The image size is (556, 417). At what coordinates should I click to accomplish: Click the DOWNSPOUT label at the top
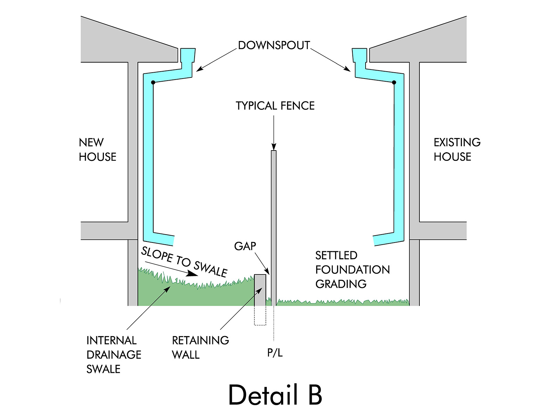[x=274, y=45]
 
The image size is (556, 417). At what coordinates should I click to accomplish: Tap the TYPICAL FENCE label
[x=275, y=106]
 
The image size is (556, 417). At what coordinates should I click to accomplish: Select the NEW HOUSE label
[x=97, y=149]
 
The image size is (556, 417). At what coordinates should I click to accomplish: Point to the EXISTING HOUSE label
[x=457, y=149]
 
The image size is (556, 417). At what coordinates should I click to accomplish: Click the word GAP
[x=245, y=246]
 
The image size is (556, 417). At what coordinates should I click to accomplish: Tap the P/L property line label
[x=275, y=353]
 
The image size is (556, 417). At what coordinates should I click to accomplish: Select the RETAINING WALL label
[x=200, y=347]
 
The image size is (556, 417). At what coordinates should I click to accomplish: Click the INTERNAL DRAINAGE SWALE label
[x=114, y=354]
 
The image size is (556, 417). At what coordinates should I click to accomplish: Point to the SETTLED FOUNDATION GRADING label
[x=352, y=270]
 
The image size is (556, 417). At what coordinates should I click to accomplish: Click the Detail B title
[x=275, y=395]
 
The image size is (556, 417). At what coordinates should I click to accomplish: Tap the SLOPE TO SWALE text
[x=184, y=261]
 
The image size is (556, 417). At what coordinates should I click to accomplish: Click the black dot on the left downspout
[x=153, y=82]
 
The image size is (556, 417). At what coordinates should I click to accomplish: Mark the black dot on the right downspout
[x=394, y=82]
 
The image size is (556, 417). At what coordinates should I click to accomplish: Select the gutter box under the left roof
[x=188, y=56]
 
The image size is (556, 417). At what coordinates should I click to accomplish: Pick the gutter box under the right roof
[x=359, y=56]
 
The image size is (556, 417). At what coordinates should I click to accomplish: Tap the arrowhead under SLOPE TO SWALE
[x=192, y=275]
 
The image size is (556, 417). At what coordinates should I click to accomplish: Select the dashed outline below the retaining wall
[x=260, y=316]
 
